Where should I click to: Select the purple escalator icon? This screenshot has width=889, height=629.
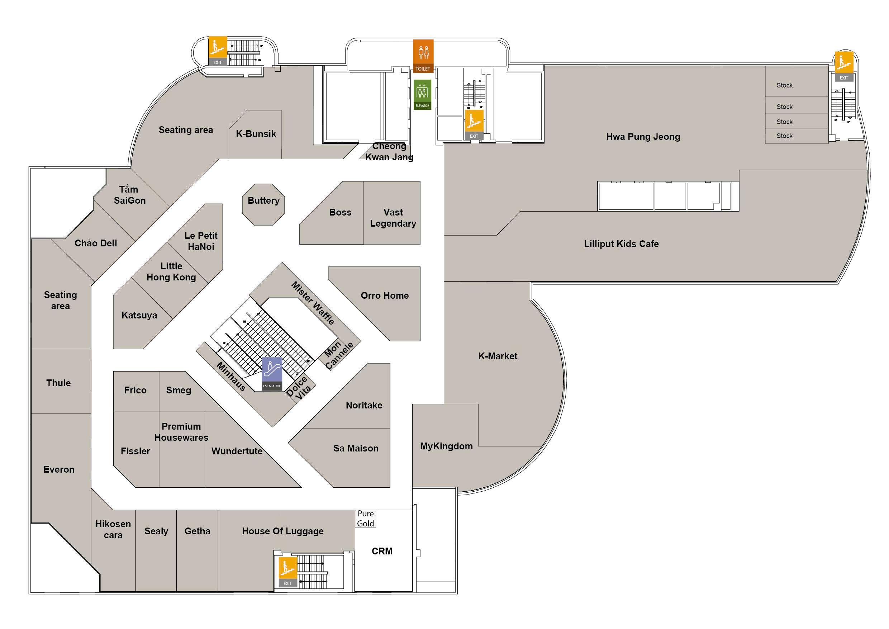coord(272,373)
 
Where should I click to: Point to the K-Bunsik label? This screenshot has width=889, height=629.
coord(256,134)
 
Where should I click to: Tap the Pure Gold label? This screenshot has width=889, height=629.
coord(366,519)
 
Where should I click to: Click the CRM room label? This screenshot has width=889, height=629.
coord(382,551)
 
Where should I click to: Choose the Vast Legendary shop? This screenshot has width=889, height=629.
coord(393,218)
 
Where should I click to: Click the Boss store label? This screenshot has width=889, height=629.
coord(340,213)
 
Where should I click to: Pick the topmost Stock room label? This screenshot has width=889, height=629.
coord(784,85)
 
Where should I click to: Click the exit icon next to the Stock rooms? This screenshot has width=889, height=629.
coord(844,66)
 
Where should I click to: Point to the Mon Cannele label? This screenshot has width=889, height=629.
coord(338,355)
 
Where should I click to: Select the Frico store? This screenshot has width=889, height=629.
coord(135,391)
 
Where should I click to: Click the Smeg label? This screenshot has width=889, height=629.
coord(179,391)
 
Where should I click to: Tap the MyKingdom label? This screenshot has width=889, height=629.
coord(446,446)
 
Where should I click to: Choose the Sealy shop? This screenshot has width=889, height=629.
coord(156,531)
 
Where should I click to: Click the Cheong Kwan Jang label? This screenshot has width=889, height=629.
coord(389,152)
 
